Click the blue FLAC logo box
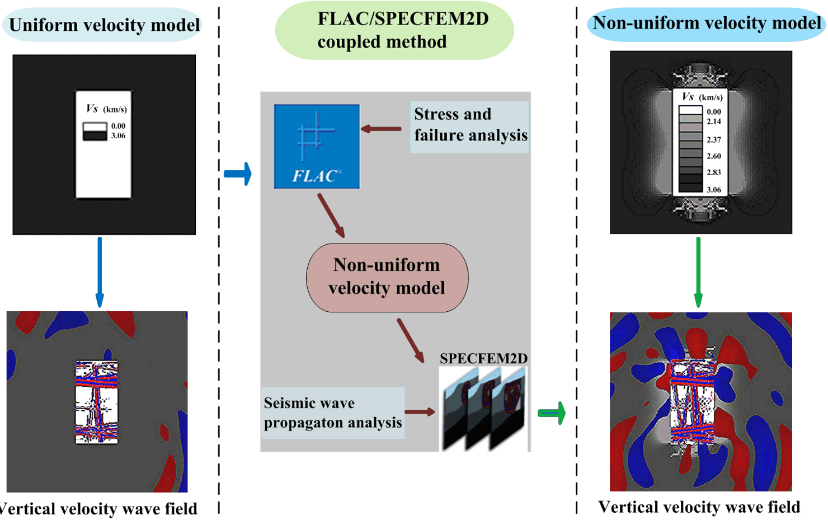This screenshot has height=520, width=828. point(317,146)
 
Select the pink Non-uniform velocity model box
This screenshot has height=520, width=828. point(387,277)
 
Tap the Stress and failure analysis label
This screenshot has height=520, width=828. point(469,125)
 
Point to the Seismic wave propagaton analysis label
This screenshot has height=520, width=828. point(332,413)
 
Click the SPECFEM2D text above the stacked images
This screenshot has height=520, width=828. point(483,358)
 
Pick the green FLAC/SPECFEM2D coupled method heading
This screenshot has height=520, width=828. point(394,31)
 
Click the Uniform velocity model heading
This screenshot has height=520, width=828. point(103,25)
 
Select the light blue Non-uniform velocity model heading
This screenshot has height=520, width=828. point(706,24)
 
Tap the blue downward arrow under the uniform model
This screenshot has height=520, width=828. point(100,272)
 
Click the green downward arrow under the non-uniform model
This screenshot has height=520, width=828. point(698,272)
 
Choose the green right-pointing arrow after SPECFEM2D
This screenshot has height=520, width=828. point(552,413)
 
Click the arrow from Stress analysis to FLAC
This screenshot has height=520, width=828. point(381,129)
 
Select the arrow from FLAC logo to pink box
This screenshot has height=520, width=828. point(331,216)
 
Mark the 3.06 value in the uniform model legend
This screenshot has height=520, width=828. point(118,136)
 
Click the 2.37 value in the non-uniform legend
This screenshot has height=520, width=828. point(713,140)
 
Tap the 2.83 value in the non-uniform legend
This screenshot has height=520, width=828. point(713,172)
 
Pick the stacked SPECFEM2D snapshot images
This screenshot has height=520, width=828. point(484,409)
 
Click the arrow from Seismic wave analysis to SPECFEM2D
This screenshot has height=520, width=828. point(420,412)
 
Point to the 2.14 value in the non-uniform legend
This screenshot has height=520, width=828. point(713,121)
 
